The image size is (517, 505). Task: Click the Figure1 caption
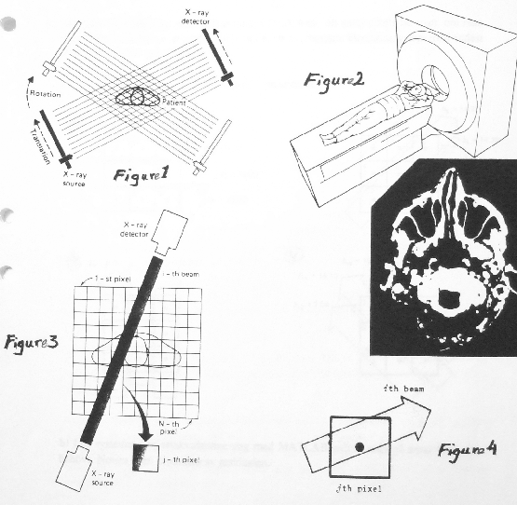tap(139, 175)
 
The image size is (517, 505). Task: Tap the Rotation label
tap(46, 95)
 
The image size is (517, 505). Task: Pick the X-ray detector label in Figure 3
tap(140, 230)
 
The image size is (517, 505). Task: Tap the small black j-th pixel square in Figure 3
tap(145, 457)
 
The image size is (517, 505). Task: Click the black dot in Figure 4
tap(359, 447)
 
